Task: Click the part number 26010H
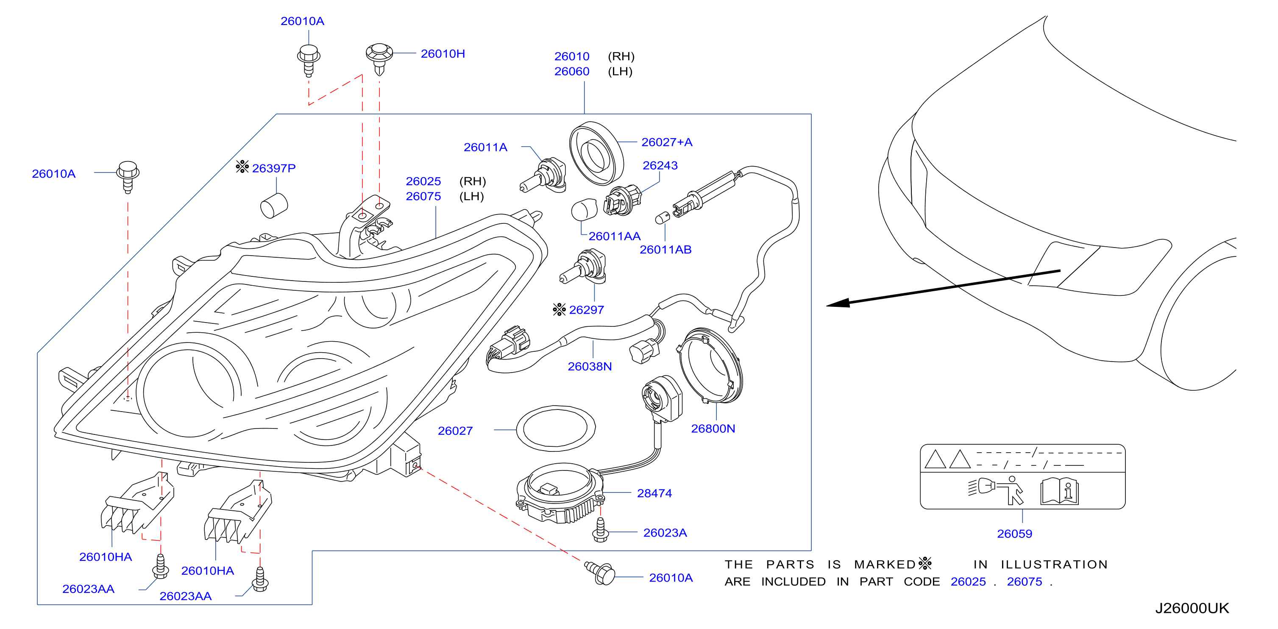[443, 53]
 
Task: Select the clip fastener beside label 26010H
[379, 58]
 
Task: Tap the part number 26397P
[274, 168]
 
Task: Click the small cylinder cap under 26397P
[274, 206]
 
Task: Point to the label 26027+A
[667, 142]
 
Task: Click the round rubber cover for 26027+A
[596, 153]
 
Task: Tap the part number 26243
[660, 165]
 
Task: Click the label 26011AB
[665, 250]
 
